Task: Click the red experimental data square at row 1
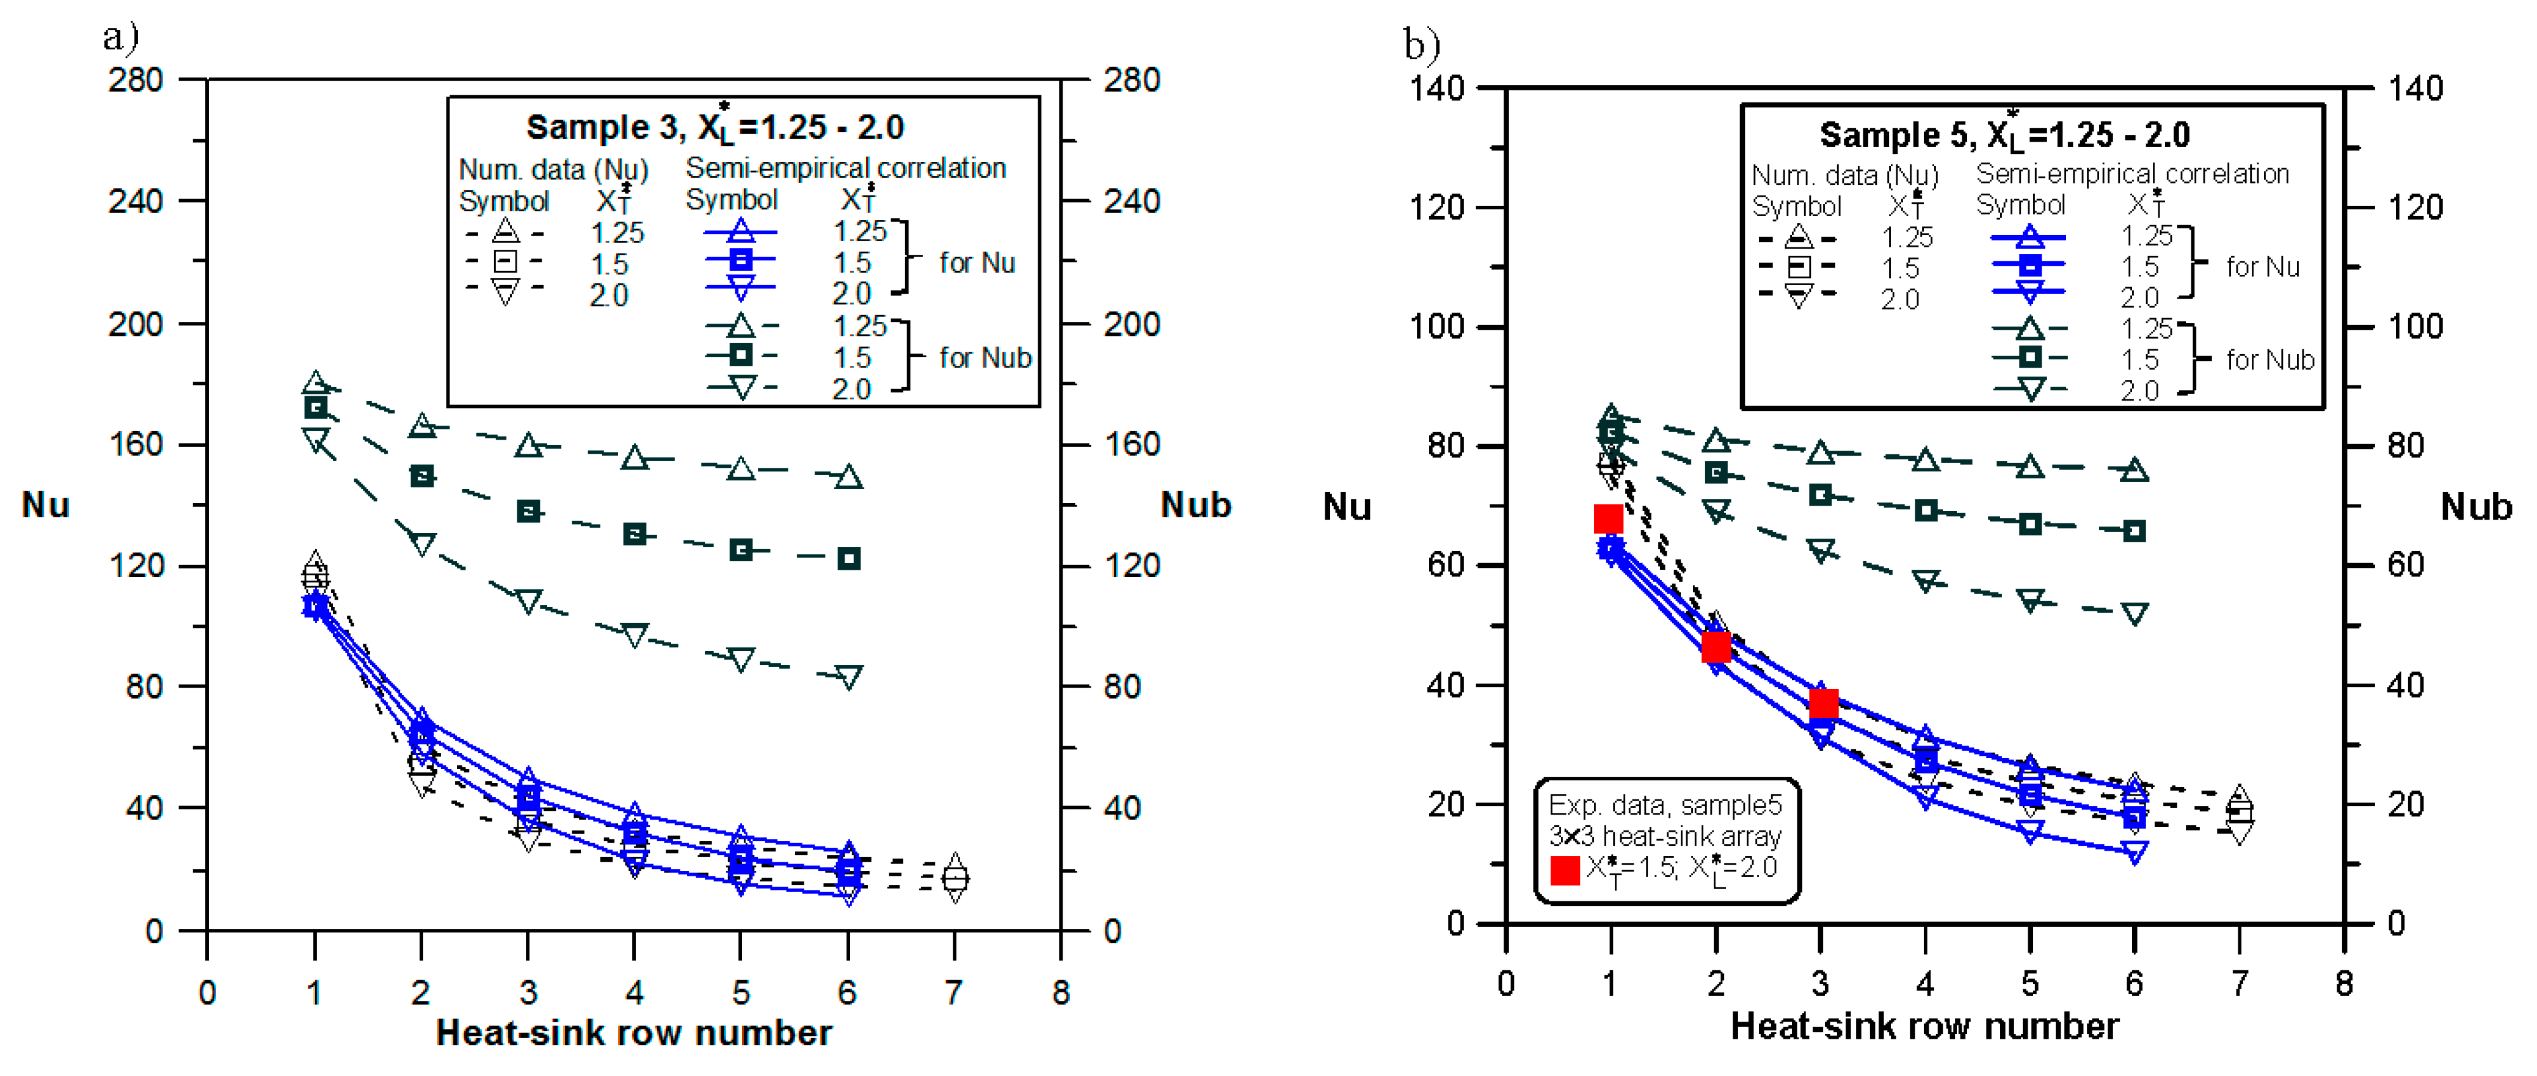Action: [x=1608, y=519]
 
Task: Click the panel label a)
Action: [x=121, y=37]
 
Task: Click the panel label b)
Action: [x=1421, y=45]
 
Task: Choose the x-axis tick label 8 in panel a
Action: [x=1060, y=992]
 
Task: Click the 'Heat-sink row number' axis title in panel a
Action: [x=633, y=1033]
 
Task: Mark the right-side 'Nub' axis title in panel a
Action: [x=1196, y=505]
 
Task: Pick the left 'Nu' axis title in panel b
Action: [x=1346, y=507]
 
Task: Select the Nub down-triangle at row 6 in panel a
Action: [x=848, y=675]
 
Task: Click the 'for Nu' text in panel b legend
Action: [x=2262, y=267]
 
